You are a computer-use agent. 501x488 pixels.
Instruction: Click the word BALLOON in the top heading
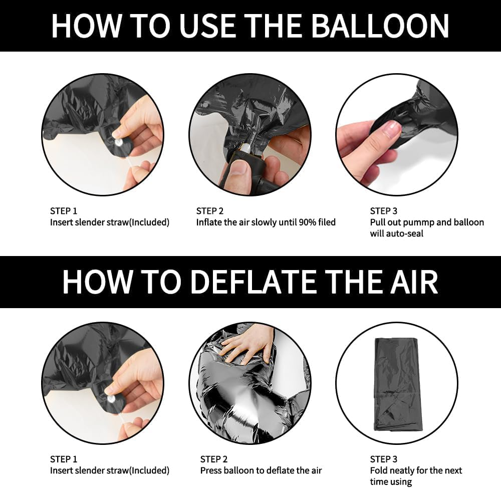[x=380, y=26]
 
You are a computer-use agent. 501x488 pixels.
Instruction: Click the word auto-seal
[x=405, y=233]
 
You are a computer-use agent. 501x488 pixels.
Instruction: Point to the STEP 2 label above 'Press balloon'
[x=214, y=459]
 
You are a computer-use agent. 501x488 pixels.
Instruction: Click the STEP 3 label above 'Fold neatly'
[x=383, y=459]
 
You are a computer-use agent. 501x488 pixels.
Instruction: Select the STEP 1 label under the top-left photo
[x=64, y=211]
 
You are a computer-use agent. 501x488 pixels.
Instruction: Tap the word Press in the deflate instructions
[x=211, y=470]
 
